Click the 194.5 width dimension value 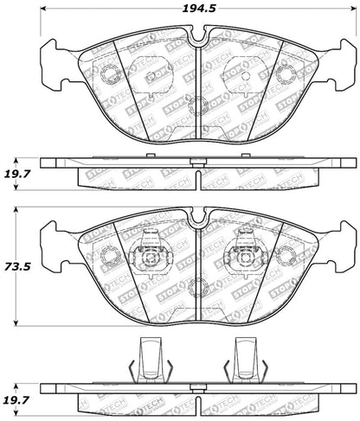click(x=197, y=10)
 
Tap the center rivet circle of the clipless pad click(x=198, y=107)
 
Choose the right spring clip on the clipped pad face click(x=245, y=255)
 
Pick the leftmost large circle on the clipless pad click(x=110, y=74)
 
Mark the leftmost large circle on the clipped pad click(x=110, y=256)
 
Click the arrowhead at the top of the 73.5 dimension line click(x=21, y=213)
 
